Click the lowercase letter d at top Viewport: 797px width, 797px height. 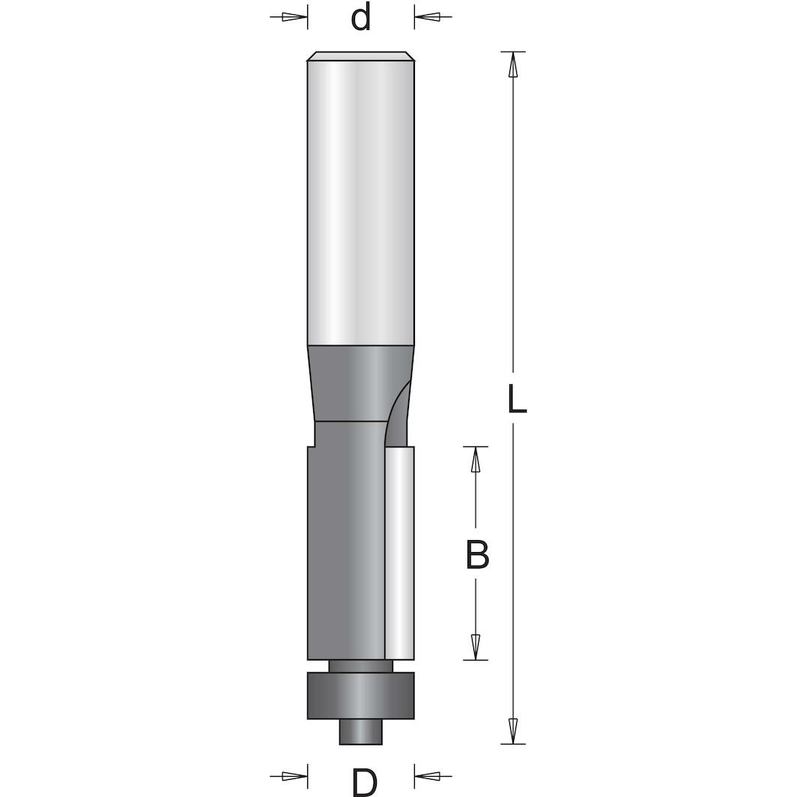coord(361,17)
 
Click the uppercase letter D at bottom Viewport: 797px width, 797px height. coord(364,782)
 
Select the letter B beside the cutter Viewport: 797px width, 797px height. coord(477,556)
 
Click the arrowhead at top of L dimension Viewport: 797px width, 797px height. coord(513,66)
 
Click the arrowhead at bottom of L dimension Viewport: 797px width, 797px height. coord(513,729)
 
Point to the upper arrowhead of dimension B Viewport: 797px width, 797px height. coord(475,460)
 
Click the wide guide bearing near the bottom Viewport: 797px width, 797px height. coord(360,696)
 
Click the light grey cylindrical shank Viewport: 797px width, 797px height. coord(360,202)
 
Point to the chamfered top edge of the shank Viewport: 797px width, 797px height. coord(360,55)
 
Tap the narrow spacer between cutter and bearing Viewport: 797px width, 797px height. coord(360,666)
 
